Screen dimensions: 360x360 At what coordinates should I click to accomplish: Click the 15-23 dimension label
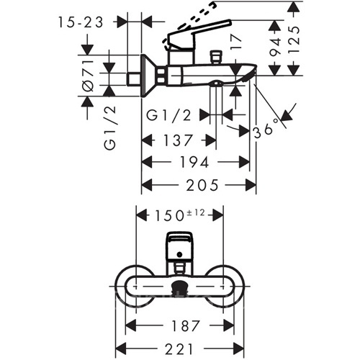pyautogui.click(x=81, y=22)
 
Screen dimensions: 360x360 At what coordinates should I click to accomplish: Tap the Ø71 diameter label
pyautogui.click(x=88, y=76)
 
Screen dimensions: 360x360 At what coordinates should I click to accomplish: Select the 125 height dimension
pyautogui.click(x=294, y=39)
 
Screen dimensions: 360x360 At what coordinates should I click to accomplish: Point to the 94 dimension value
pyautogui.click(x=275, y=47)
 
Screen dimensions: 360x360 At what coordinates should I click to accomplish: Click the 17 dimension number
pyautogui.click(x=236, y=42)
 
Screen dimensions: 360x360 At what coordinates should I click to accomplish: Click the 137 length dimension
pyautogui.click(x=178, y=140)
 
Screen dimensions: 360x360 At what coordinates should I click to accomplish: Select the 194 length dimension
pyautogui.click(x=194, y=163)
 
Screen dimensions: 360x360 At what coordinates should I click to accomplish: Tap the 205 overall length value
pyautogui.click(x=202, y=185)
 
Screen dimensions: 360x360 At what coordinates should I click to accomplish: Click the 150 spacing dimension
pyautogui.click(x=169, y=215)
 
